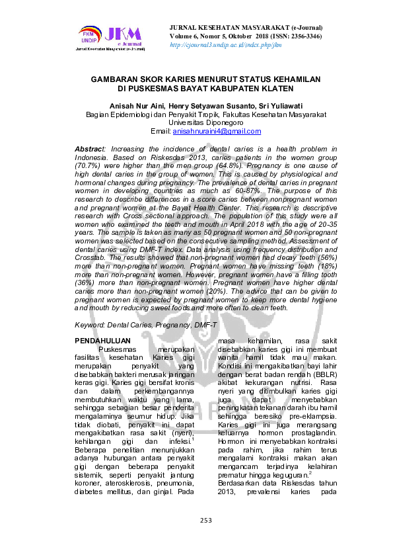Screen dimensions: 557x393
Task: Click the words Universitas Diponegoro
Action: click(x=196, y=122)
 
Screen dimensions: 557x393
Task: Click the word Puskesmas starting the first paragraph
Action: click(x=118, y=349)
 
